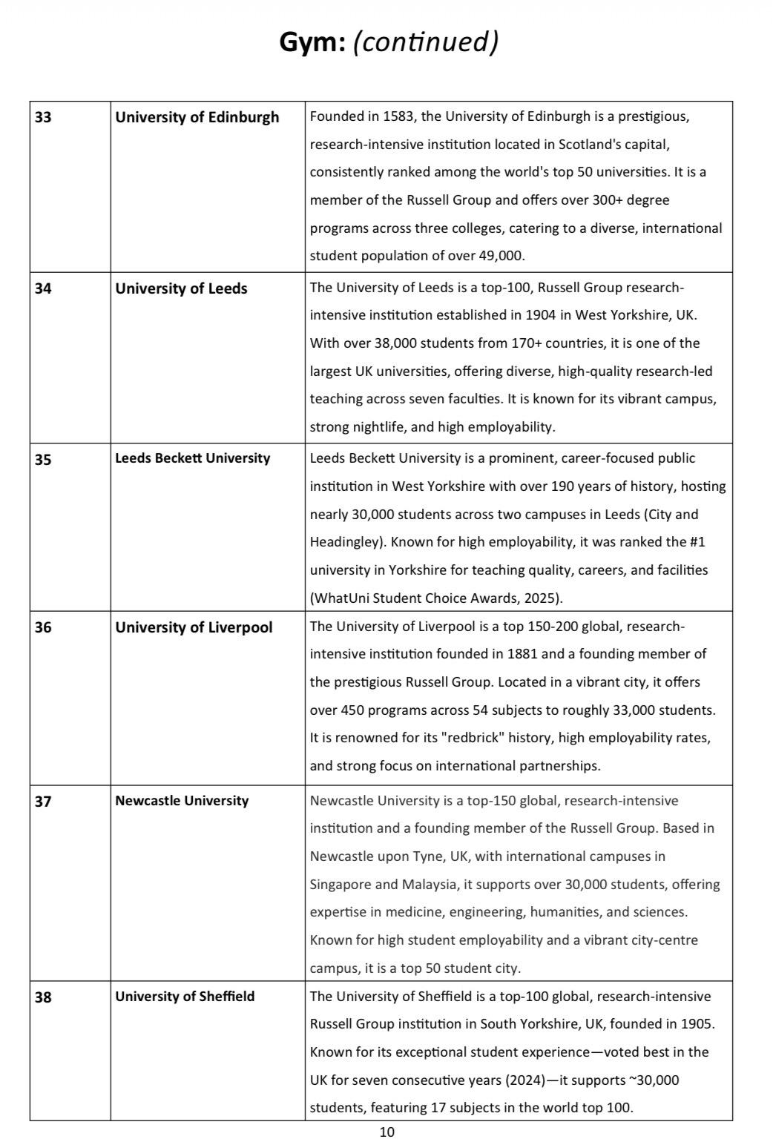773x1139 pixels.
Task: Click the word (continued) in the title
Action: pos(425,42)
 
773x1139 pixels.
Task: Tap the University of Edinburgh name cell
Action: pos(197,117)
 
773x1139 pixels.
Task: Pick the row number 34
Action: pos(43,288)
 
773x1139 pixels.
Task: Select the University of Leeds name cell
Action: pos(181,288)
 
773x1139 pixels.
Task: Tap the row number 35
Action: pos(43,459)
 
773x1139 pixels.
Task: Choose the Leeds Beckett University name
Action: pos(192,458)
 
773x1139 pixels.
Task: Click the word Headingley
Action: pos(346,542)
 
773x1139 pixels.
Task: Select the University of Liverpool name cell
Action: pos(194,627)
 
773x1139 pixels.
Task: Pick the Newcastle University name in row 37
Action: pos(182,801)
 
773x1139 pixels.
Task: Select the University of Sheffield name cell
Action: pos(185,997)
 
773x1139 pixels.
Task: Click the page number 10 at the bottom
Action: pos(386,1132)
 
